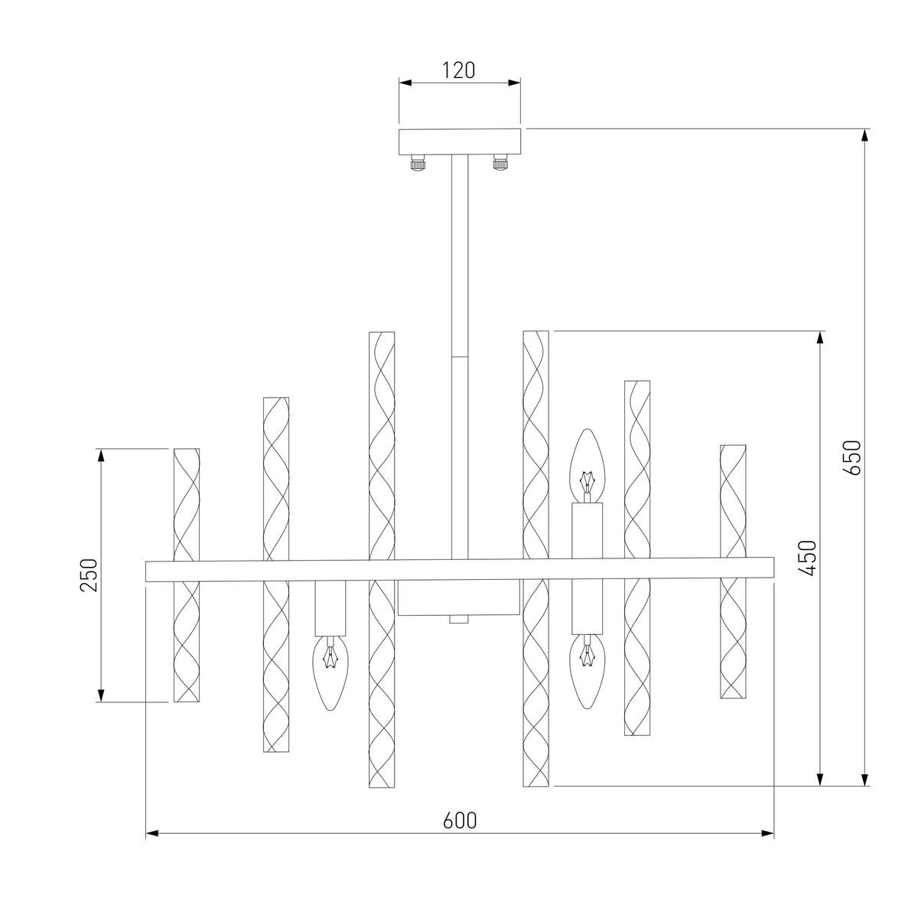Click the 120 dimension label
point(459,70)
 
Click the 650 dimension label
point(851,457)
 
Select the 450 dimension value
point(808,558)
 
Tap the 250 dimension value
point(89,575)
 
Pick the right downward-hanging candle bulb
point(587,672)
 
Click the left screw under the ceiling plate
point(418,164)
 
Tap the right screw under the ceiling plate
point(500,164)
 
